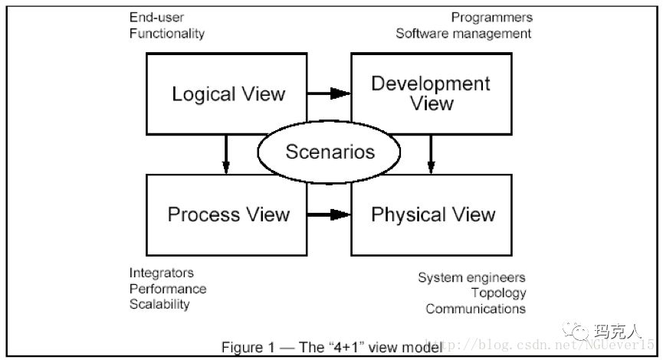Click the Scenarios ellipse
click(x=330, y=151)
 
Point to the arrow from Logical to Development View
click(x=329, y=93)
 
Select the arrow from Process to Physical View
click(x=329, y=215)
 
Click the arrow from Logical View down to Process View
click(x=226, y=152)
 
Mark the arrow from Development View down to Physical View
click(x=431, y=152)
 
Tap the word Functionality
click(x=166, y=34)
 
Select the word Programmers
click(x=491, y=18)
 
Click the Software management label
click(x=463, y=34)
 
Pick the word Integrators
click(x=161, y=273)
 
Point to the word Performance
click(x=167, y=289)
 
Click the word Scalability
click(x=159, y=304)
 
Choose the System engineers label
click(x=471, y=277)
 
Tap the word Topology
click(x=498, y=293)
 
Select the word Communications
click(x=475, y=309)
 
